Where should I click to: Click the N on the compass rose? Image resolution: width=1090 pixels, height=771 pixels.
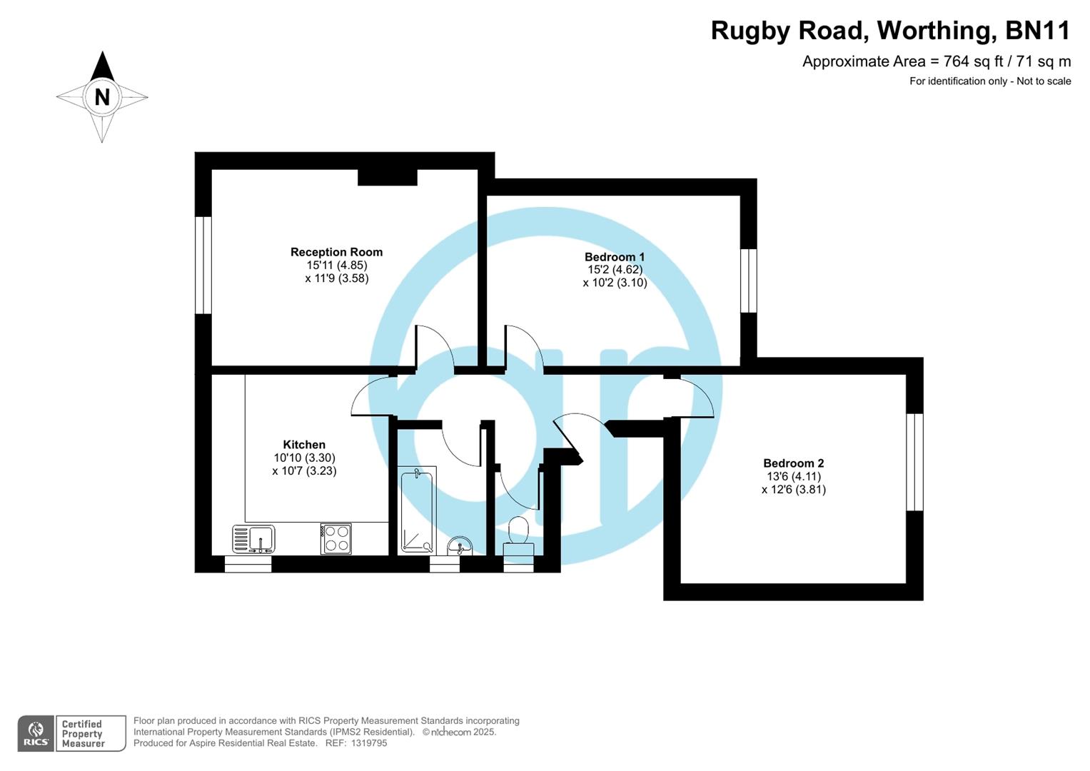pyautogui.click(x=102, y=96)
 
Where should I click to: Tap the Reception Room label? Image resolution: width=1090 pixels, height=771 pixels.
pyautogui.click(x=336, y=252)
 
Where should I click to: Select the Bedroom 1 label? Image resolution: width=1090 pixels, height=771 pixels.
pyautogui.click(x=615, y=257)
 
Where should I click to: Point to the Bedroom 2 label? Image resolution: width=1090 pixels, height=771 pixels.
pyautogui.click(x=793, y=463)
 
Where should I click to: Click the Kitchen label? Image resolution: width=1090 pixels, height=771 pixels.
pyautogui.click(x=304, y=445)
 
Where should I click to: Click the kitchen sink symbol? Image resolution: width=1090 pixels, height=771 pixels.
pyautogui.click(x=253, y=539)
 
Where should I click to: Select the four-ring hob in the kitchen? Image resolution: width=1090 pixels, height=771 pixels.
pyautogui.click(x=336, y=539)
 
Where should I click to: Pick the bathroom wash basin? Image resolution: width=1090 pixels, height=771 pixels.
pyautogui.click(x=460, y=546)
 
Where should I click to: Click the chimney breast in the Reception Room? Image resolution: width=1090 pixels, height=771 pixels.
pyautogui.click(x=387, y=177)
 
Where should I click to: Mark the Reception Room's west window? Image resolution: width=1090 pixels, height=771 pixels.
pyautogui.click(x=203, y=265)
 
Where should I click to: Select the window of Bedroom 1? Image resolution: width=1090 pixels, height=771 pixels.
pyautogui.click(x=748, y=281)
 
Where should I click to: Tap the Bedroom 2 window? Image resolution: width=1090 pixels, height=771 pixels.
pyautogui.click(x=914, y=462)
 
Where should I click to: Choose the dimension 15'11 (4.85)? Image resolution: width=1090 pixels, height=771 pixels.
pyautogui.click(x=336, y=265)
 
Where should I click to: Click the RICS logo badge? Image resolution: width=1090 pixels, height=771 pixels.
pyautogui.click(x=36, y=733)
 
